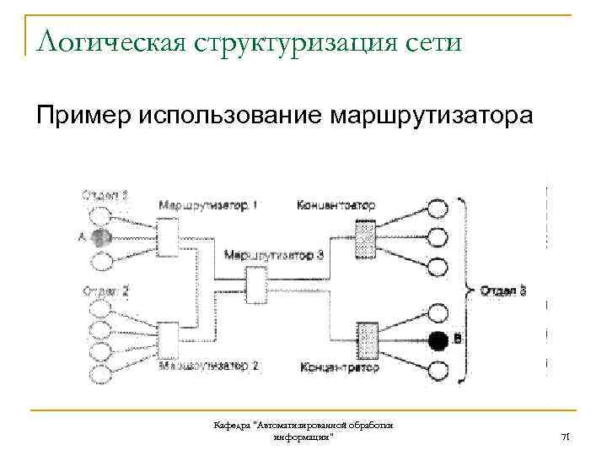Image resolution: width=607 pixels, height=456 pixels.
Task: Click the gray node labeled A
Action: point(100,237)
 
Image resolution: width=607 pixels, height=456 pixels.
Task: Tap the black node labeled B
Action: point(438,340)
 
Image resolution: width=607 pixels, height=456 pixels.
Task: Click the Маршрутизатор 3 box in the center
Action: point(255,283)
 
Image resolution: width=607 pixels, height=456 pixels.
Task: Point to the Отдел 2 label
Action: point(105,291)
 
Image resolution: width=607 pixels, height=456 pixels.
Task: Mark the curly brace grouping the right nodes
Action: point(465,287)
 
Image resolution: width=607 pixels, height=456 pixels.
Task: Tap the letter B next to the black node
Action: point(456,340)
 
